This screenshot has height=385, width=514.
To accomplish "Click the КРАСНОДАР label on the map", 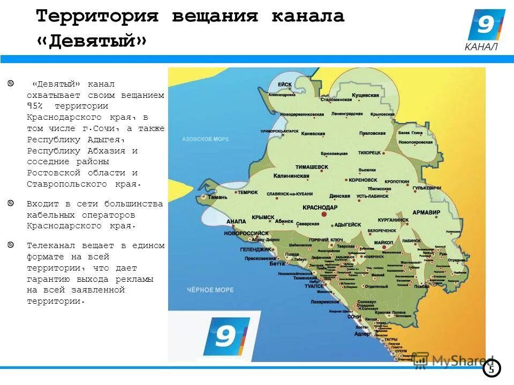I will [320, 207].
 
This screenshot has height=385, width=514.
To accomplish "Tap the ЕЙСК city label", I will [285, 84].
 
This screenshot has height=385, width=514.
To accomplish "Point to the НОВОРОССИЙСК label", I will [247, 234].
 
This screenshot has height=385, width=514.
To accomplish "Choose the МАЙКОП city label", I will [384, 243].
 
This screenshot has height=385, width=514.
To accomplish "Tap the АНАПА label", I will [236, 221].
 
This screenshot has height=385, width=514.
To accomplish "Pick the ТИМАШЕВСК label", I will [312, 167].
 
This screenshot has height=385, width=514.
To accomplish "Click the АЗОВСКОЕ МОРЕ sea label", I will [205, 139].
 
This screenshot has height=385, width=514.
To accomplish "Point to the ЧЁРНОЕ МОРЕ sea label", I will [210, 290].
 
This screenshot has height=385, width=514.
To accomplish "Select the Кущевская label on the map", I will [366, 95].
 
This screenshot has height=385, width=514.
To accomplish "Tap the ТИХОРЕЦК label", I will [369, 152].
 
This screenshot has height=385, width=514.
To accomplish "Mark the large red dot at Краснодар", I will [324, 214].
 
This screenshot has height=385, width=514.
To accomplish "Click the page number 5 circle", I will [492, 369].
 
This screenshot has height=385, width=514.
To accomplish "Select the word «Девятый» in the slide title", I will [92, 41].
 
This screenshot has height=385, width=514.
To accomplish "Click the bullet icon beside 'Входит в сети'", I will [11, 203].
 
